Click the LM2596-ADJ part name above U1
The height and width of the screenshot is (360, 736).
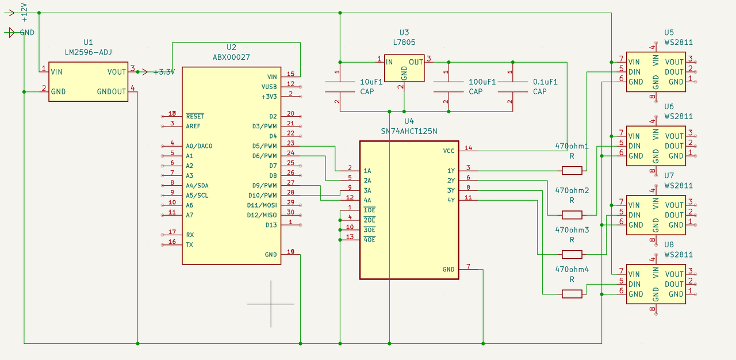pos(89,52)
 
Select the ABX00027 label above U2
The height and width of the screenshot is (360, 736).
pos(231,57)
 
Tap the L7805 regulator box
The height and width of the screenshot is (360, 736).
pos(404,68)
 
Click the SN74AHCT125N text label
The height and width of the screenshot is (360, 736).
pos(409,131)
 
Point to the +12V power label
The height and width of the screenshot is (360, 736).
pos(24,13)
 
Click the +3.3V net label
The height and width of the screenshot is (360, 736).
pos(164,72)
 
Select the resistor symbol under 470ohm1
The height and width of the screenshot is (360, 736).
pos(572,170)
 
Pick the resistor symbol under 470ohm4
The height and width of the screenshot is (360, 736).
pos(572,294)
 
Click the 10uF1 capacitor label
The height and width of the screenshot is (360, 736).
pos(371,82)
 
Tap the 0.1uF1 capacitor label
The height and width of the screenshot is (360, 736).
pos(545,82)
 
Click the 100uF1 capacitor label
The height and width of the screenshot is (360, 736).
pos(482,82)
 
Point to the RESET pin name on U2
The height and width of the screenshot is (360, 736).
pos(195,116)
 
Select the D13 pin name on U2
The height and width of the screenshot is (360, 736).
pos(271,225)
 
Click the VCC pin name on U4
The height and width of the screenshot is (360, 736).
pos(448,151)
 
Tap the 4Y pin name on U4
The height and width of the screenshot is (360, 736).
pos(451,200)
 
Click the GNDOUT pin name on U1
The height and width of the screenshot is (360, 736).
pos(112,91)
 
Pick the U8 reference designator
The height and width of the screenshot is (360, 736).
pos(669,245)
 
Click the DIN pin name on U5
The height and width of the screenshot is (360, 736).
pos(634,72)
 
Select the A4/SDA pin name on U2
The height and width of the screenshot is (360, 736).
pos(197,186)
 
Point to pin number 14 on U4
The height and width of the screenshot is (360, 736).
pos(468,148)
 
